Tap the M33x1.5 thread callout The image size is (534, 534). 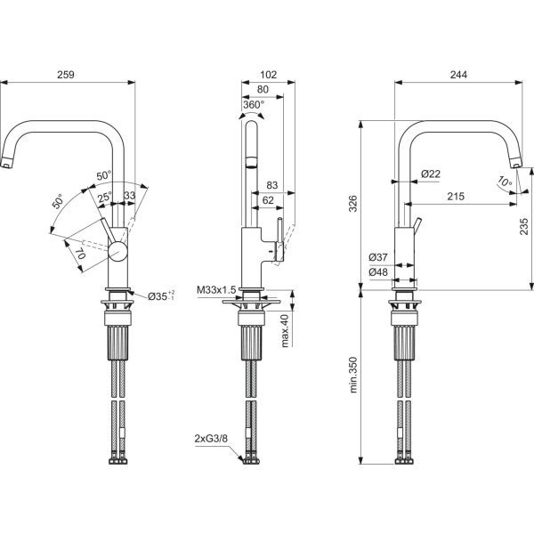coord(216,289)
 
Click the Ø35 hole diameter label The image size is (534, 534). coord(160,295)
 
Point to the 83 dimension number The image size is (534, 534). coord(272,186)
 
